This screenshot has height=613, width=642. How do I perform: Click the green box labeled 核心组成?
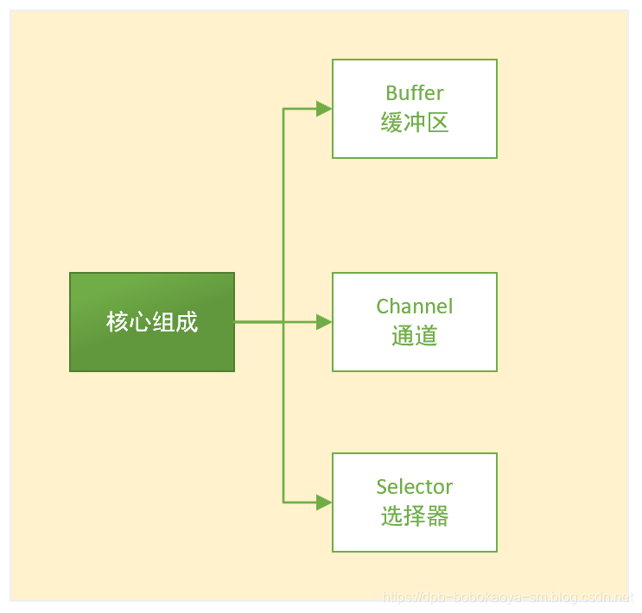tap(151, 322)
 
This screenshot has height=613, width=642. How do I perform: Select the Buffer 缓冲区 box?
tap(415, 109)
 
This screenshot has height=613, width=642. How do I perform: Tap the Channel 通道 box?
tap(415, 322)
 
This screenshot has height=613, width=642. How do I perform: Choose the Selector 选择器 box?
tap(415, 502)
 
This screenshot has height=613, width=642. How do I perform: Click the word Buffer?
tap(415, 93)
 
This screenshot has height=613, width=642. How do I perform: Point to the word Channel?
tap(415, 306)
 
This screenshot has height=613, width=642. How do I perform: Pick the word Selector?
tap(415, 487)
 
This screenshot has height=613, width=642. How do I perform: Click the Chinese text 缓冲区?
tap(415, 123)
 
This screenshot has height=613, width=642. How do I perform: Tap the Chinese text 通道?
tap(415, 336)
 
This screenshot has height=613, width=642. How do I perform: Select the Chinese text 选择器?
tap(415, 516)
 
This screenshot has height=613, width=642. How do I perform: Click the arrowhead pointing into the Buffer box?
tap(324, 109)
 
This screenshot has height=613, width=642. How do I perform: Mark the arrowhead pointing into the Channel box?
tap(324, 322)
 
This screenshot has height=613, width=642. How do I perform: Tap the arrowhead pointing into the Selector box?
tap(324, 502)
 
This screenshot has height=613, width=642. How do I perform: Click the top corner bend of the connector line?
tap(283, 109)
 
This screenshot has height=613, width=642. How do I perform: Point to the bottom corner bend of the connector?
tap(283, 502)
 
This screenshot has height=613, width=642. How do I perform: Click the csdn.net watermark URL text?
tap(508, 597)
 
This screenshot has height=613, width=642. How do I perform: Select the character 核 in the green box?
tap(118, 322)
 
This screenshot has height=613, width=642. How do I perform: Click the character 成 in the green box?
tap(187, 322)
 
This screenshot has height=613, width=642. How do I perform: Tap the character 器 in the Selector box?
tap(438, 516)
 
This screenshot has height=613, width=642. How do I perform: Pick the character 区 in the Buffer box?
tap(438, 123)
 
